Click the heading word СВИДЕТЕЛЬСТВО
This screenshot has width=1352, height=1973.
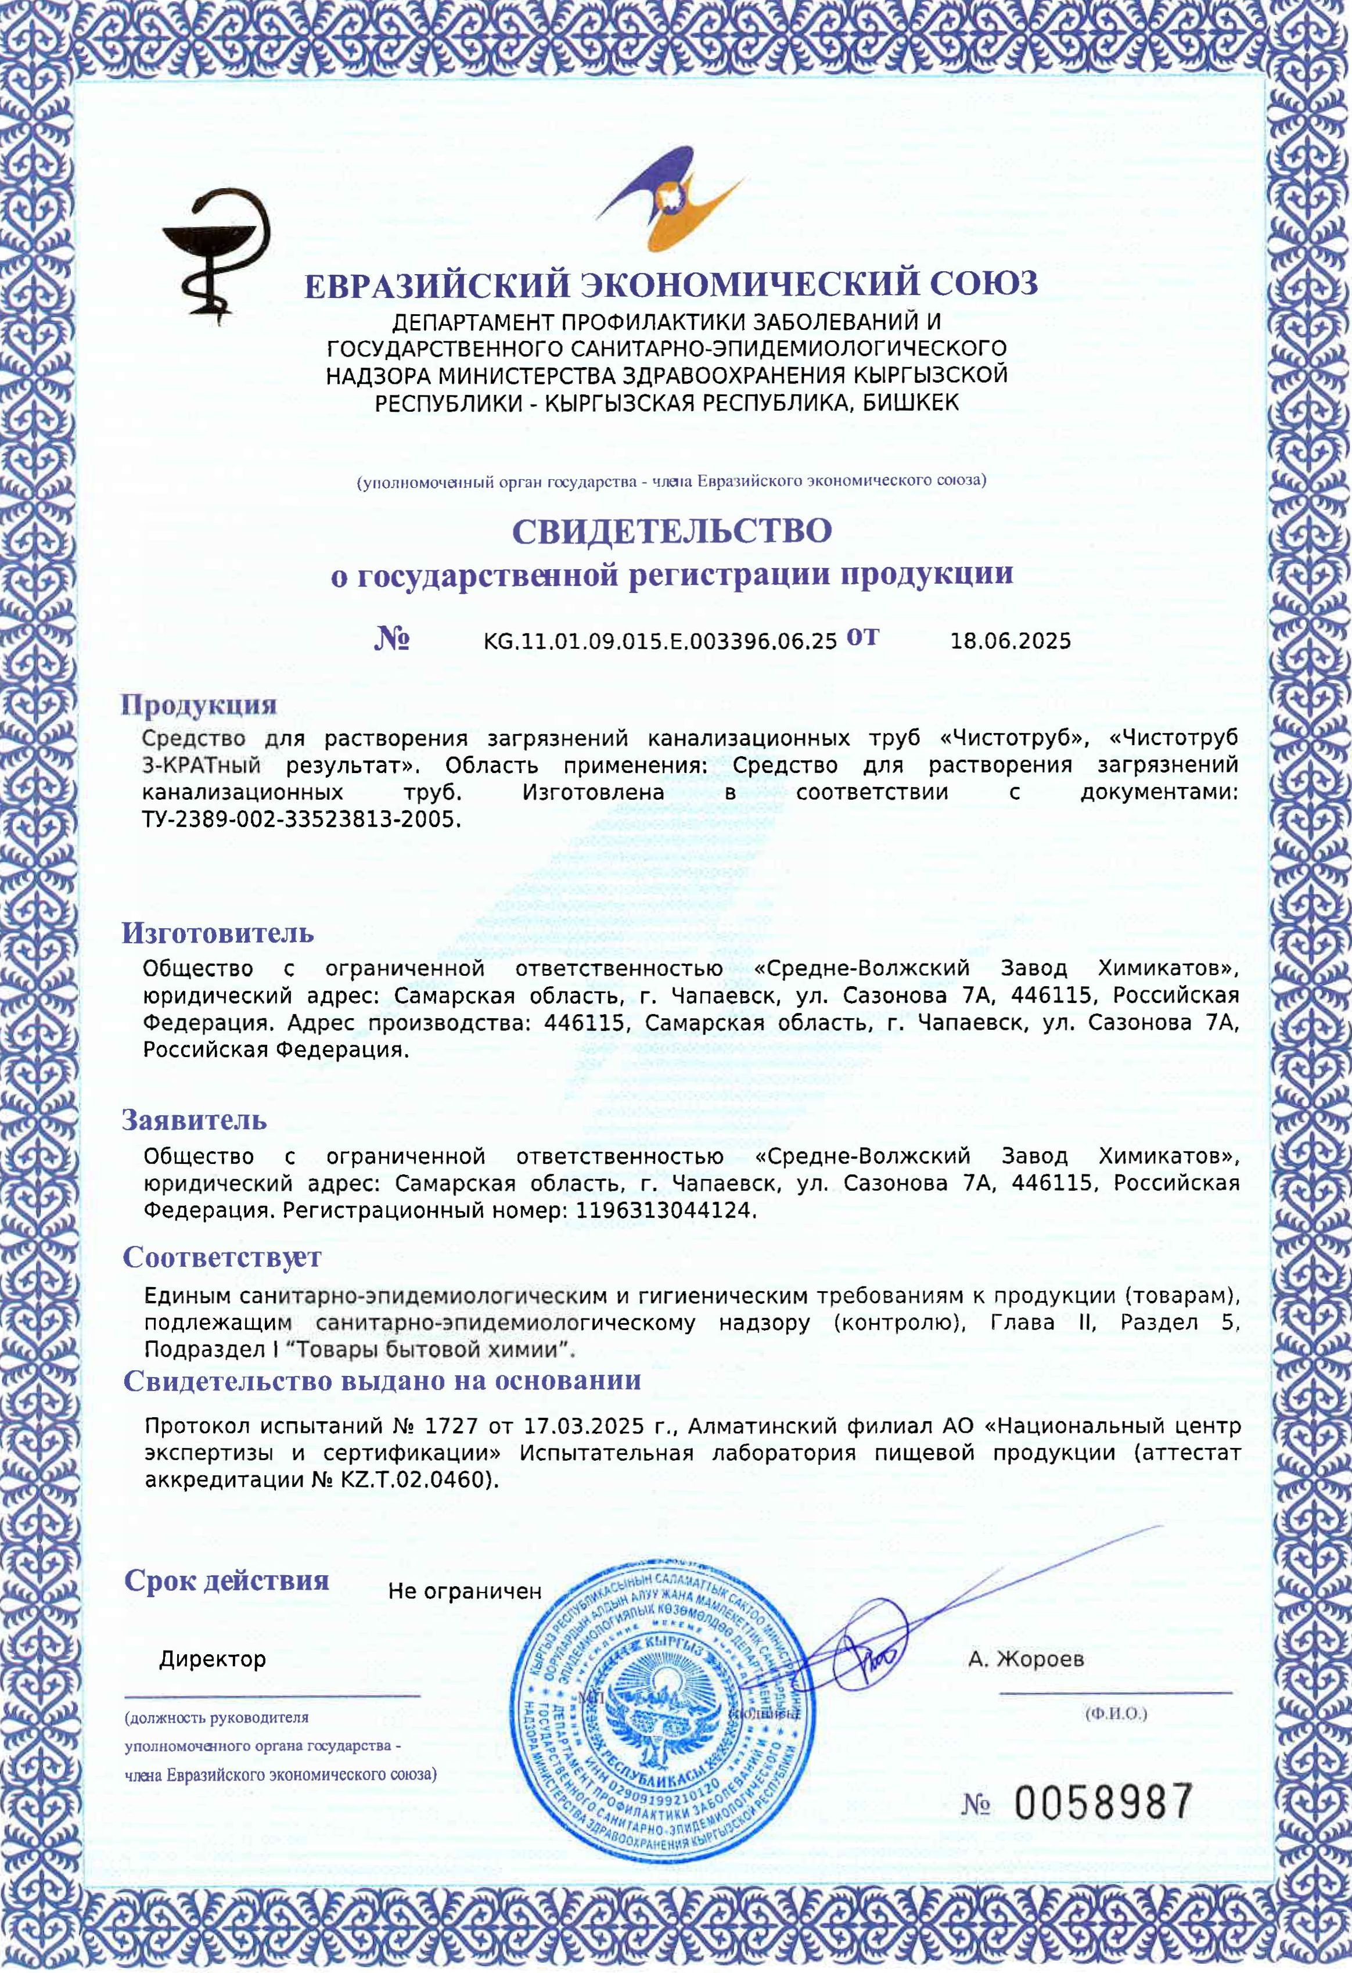coord(671,531)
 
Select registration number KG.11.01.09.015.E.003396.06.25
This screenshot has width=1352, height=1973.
coord(660,641)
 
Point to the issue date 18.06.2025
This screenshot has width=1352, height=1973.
coord(1010,641)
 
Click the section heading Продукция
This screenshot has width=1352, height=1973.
coord(199,704)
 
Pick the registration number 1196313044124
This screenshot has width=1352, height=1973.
coord(664,1210)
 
